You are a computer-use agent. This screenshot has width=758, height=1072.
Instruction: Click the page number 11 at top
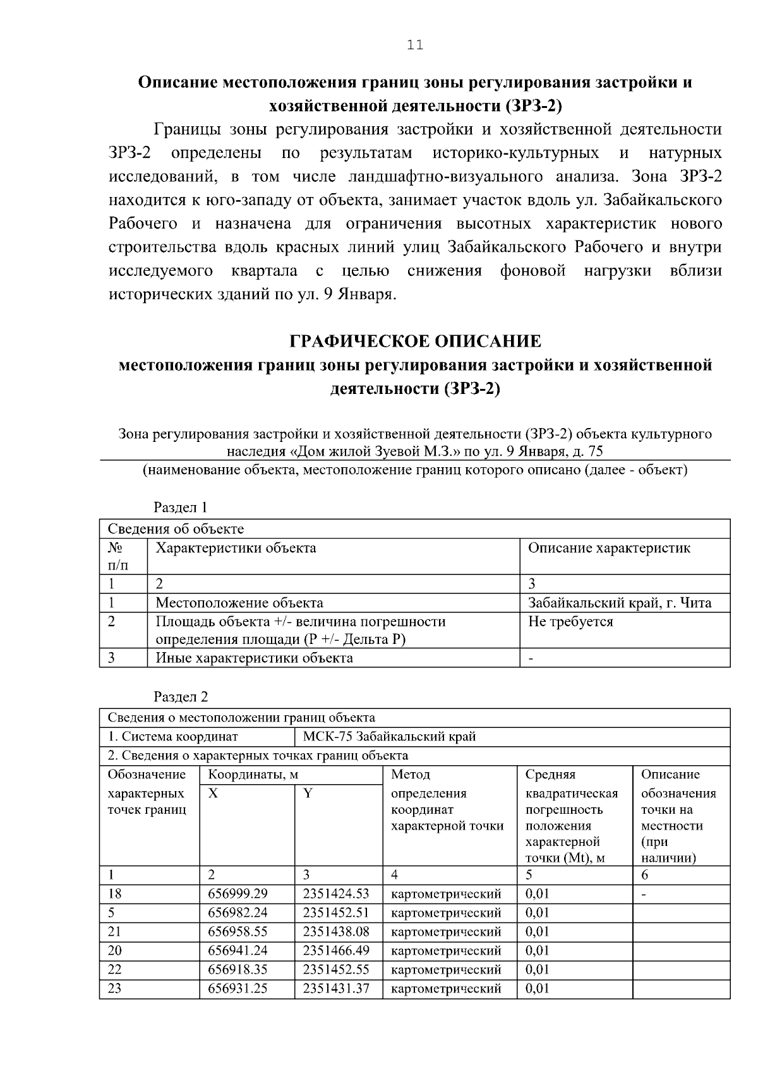tap(415, 45)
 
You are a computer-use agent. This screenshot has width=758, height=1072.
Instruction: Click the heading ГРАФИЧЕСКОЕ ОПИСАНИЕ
tap(415, 342)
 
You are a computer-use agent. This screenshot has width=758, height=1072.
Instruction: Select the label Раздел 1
tap(181, 508)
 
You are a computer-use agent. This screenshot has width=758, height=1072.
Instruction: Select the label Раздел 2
tap(181, 697)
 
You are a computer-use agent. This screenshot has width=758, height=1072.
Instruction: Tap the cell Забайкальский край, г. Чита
tap(619, 603)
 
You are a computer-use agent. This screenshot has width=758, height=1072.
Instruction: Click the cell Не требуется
tap(570, 621)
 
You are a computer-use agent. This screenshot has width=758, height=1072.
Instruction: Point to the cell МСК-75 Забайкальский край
tap(389, 737)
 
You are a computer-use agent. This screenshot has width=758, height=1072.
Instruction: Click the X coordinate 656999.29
tap(238, 894)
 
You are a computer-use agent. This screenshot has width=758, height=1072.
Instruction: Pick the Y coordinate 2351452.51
tap(335, 913)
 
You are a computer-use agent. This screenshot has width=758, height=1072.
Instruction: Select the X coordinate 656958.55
tap(238, 932)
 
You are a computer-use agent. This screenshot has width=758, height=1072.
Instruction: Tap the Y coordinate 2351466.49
tap(335, 951)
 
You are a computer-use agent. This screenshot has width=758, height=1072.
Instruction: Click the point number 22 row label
tap(114, 970)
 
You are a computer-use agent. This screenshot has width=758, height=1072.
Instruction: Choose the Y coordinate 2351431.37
tap(335, 989)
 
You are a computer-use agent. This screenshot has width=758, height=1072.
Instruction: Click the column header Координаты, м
tap(253, 775)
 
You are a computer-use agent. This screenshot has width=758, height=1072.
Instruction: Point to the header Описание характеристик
tap(609, 548)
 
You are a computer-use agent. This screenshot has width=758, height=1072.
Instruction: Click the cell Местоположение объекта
tap(239, 603)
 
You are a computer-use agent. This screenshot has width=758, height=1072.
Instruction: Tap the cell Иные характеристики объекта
tap(254, 658)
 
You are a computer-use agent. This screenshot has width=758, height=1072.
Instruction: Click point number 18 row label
tap(114, 894)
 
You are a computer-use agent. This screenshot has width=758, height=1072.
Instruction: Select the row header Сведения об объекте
tap(176, 529)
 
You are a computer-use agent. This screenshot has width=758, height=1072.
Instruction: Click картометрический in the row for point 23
tap(446, 989)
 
